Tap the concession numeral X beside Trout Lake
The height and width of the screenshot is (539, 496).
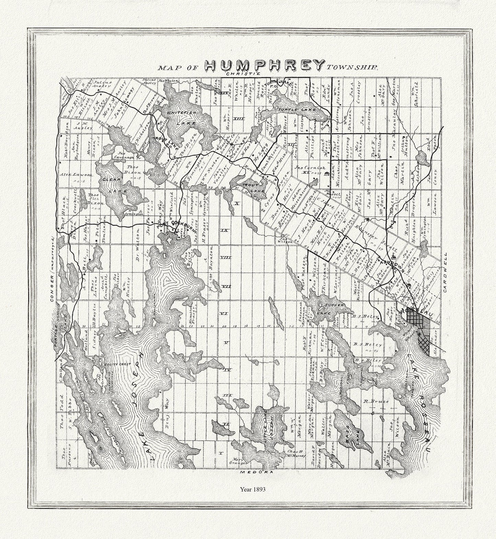click(236, 203)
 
